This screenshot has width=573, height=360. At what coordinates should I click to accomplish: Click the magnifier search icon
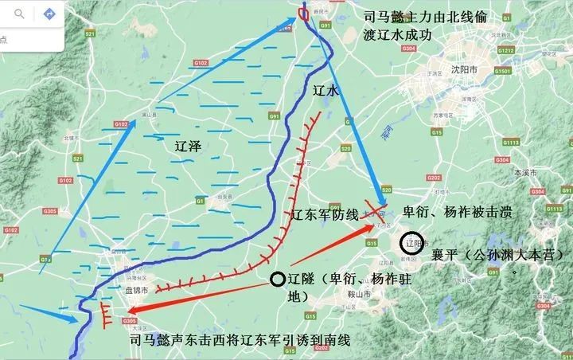point(19,14)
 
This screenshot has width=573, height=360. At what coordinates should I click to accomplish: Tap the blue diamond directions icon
point(49,14)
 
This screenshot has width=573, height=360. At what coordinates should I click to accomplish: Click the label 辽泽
point(191,147)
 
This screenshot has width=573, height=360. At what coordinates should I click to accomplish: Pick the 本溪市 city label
point(523,173)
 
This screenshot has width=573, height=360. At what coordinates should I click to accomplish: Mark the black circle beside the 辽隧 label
point(276,279)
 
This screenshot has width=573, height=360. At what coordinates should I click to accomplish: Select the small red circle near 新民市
point(303,14)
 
